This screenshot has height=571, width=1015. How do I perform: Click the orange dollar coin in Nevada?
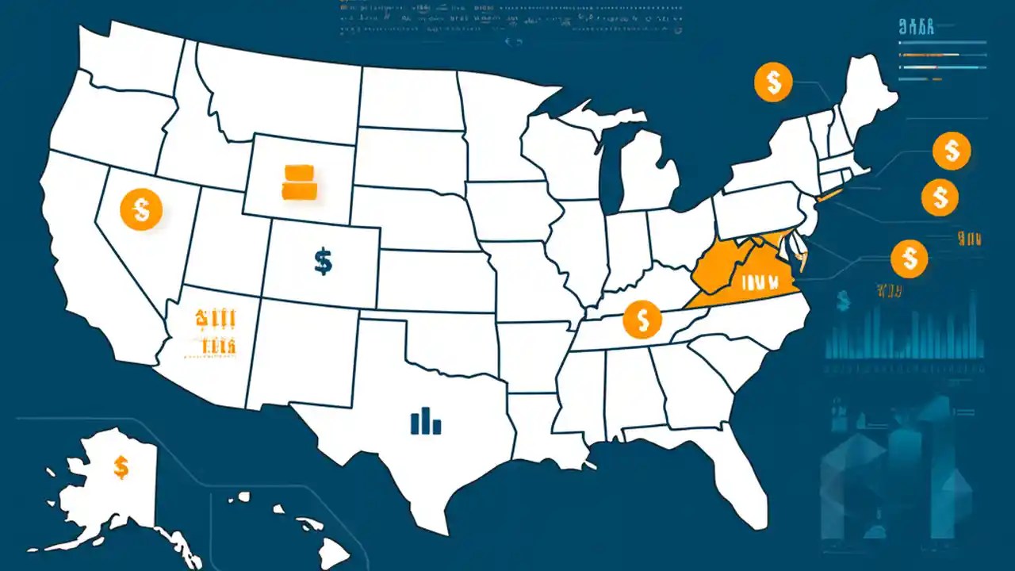pos(141,209)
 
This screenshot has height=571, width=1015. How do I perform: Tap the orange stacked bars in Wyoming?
pos(299,182)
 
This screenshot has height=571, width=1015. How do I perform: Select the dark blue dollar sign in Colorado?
pos(323,260)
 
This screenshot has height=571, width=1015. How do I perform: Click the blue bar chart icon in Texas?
pos(426,421)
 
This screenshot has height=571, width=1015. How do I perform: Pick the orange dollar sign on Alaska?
pos(121,467)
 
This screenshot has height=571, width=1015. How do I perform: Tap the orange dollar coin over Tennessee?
pos(642,320)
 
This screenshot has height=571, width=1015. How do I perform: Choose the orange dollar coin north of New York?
pos(773,82)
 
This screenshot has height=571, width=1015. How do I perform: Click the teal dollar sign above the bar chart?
pos(842,300)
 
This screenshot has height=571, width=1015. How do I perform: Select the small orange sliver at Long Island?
pos(829,195)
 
